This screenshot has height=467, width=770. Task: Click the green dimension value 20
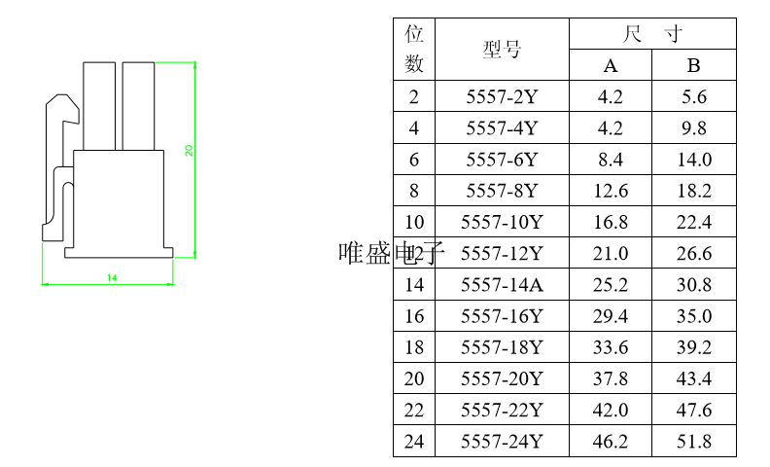(x=190, y=151)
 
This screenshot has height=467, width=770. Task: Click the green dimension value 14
(x=112, y=278)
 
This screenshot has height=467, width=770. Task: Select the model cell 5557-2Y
(x=502, y=96)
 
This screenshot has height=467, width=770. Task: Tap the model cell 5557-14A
(x=502, y=285)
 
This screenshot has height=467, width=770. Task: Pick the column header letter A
(x=611, y=66)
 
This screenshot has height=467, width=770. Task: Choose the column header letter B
(x=694, y=66)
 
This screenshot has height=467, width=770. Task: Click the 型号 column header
(x=502, y=50)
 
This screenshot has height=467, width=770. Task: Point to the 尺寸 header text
(x=652, y=34)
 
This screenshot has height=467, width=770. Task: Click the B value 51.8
(x=694, y=442)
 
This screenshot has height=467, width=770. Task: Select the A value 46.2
(x=611, y=442)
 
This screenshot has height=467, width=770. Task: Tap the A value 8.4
(x=611, y=160)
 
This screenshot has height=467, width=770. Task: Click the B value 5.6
(x=694, y=96)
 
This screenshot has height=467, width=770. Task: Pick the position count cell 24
(x=414, y=442)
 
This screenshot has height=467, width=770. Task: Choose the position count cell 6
(x=414, y=160)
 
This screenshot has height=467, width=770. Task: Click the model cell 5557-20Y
(x=502, y=378)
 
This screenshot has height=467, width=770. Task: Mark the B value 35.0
(x=694, y=316)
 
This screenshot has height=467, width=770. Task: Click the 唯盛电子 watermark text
(x=391, y=254)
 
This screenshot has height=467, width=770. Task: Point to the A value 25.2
(x=611, y=285)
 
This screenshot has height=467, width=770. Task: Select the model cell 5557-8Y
(x=502, y=191)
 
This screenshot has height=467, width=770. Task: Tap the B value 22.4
(x=694, y=222)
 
